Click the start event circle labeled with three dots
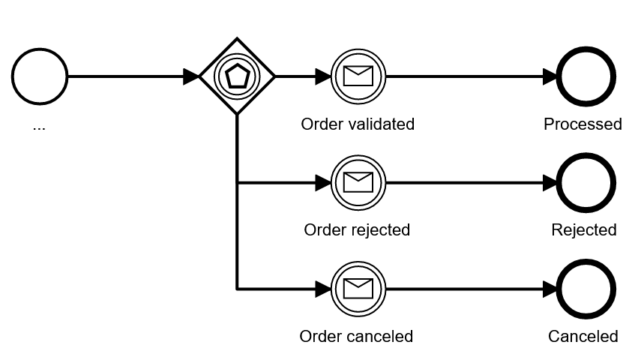pyautogui.click(x=40, y=76)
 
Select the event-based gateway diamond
pyautogui.click(x=237, y=76)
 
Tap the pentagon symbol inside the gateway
pyautogui.click(x=237, y=76)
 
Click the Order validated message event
pyautogui.click(x=358, y=76)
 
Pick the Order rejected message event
pyautogui.click(x=358, y=182)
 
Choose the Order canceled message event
pyautogui.click(x=358, y=289)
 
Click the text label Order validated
pyautogui.click(x=358, y=124)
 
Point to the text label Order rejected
pyautogui.click(x=357, y=230)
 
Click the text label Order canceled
pyautogui.click(x=356, y=337)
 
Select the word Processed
pyautogui.click(x=583, y=124)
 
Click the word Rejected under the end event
pyautogui.click(x=584, y=230)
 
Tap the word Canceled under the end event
pyautogui.click(x=583, y=337)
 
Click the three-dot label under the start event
pyautogui.click(x=39, y=127)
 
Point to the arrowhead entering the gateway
pyautogui.click(x=191, y=76)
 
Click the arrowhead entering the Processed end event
pyautogui.click(x=550, y=76)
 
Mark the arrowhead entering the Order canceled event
pyautogui.click(x=322, y=289)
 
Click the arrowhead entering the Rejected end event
pyautogui.click(x=550, y=182)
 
